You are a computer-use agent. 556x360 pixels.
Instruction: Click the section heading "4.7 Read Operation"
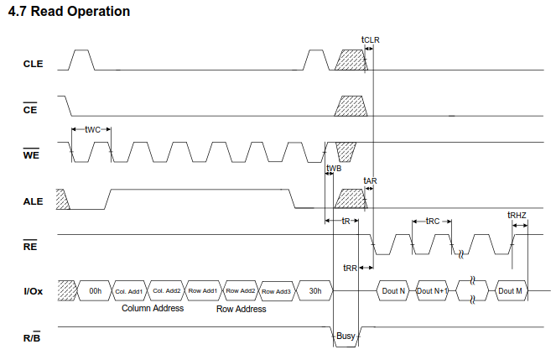point(69,12)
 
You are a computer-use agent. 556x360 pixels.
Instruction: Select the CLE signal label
point(33,64)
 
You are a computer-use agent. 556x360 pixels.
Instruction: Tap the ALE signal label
point(33,201)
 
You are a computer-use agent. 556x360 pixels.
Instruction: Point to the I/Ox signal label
point(34,291)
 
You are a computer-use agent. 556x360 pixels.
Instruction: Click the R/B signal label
point(32,337)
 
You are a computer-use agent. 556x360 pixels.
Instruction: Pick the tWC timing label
point(92,130)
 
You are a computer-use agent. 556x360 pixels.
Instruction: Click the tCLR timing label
point(370,39)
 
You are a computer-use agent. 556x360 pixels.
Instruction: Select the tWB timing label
point(334,168)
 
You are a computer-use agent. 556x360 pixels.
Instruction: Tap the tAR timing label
point(370,181)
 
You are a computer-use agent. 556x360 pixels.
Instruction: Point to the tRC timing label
point(433,222)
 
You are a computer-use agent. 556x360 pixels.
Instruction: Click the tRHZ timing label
point(517,216)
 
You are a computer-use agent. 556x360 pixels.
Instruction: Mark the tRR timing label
point(350,269)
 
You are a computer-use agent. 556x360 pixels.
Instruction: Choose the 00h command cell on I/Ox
point(95,291)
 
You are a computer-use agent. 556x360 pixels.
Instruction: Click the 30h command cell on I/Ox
point(315,291)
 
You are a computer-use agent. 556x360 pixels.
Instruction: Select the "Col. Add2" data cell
point(167,291)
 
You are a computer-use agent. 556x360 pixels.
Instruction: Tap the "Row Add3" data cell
point(276,291)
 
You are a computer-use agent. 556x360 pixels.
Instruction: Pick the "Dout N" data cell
point(393,291)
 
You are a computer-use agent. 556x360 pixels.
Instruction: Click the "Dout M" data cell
point(510,291)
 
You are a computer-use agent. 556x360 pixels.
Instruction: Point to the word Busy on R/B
point(346,336)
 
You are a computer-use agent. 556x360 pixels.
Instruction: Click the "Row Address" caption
point(242,310)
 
